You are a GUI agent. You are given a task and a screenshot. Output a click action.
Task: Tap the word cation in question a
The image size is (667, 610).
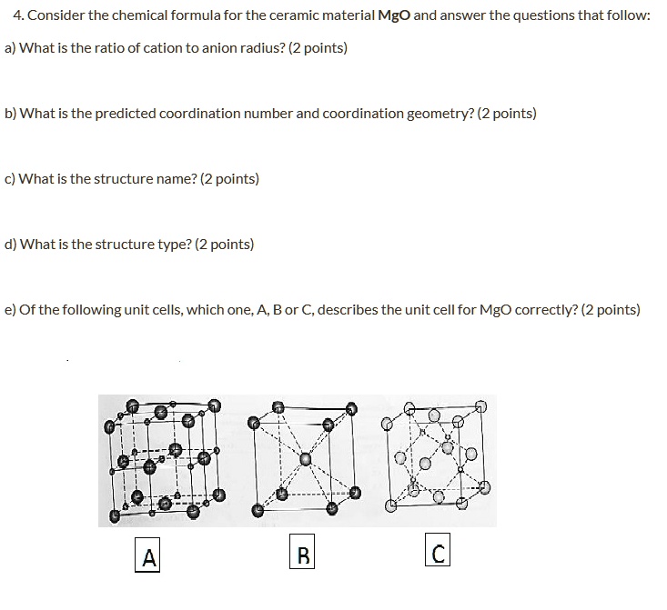(x=167, y=48)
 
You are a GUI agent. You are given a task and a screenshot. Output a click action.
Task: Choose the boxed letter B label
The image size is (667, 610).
(x=303, y=554)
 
